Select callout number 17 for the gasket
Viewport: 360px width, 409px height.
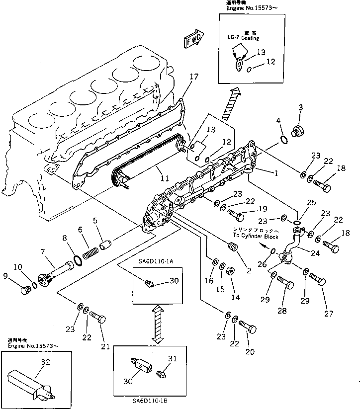tap(194, 77)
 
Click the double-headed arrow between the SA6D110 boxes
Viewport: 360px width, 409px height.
tap(158, 325)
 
